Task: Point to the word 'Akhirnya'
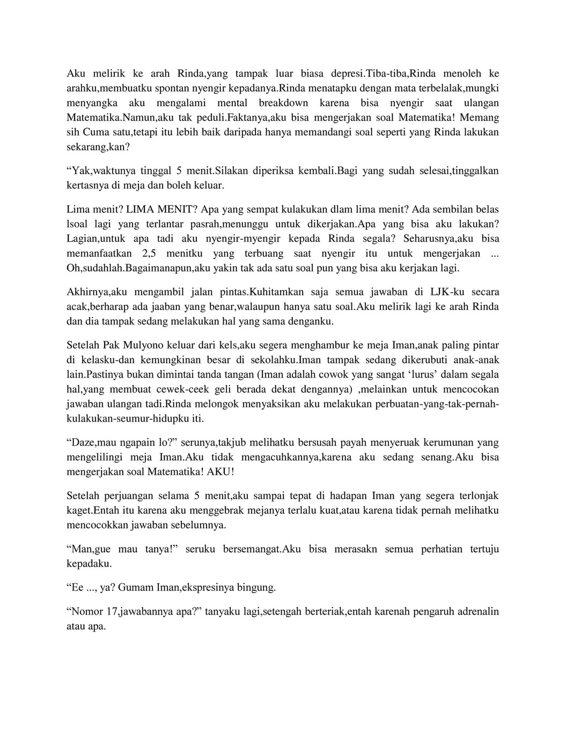pyautogui.click(x=86, y=292)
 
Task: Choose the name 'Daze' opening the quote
pyautogui.click(x=82, y=443)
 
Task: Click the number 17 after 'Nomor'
pyautogui.click(x=110, y=612)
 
